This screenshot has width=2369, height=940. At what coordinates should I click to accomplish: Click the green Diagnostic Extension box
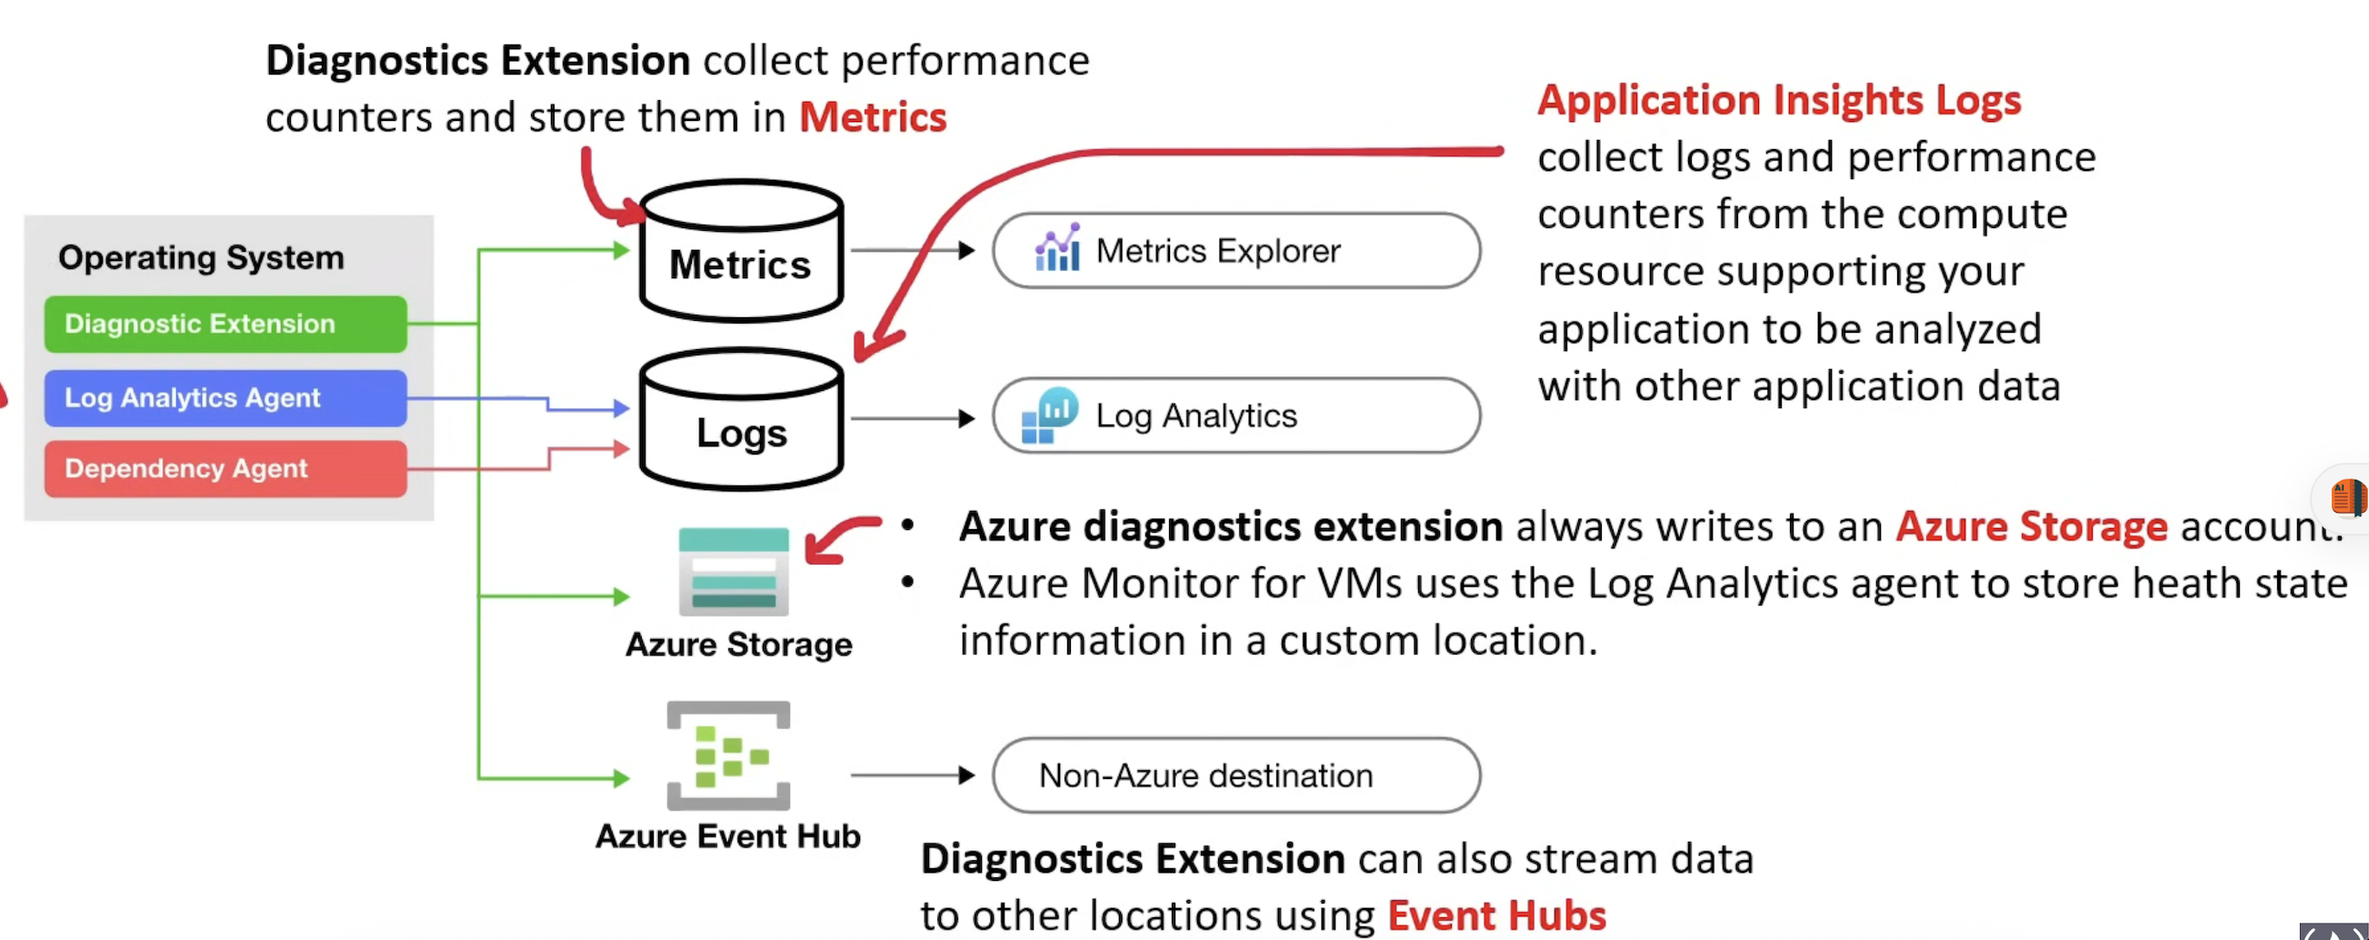[225, 324]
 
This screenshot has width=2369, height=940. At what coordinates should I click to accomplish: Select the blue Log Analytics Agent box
[225, 397]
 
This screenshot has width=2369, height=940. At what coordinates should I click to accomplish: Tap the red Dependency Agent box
[225, 468]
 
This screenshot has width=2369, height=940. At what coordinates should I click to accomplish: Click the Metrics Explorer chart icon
[1057, 248]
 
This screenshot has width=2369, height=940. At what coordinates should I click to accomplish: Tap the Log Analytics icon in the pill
[1049, 415]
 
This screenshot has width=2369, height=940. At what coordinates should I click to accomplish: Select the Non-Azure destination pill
[1236, 775]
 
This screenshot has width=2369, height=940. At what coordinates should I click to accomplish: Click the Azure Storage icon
[734, 571]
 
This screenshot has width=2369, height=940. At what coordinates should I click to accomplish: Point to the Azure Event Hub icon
[728, 755]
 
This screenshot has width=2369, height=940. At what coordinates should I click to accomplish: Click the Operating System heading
[202, 257]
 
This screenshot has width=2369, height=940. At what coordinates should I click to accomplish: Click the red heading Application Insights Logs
[1779, 100]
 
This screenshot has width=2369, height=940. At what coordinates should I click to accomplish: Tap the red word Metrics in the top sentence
[873, 118]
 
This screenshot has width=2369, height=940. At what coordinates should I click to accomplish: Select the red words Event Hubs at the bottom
[1496, 915]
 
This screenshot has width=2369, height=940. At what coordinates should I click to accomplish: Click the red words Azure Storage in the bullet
[2032, 527]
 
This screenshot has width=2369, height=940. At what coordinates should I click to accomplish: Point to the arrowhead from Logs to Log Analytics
[965, 418]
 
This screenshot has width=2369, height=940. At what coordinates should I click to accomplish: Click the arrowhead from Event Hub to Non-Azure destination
[965, 775]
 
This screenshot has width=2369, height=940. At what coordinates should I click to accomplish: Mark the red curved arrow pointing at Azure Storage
[837, 539]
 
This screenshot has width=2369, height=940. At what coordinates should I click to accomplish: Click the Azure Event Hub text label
[728, 836]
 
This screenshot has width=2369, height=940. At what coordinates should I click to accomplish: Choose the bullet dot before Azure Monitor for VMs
[907, 582]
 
